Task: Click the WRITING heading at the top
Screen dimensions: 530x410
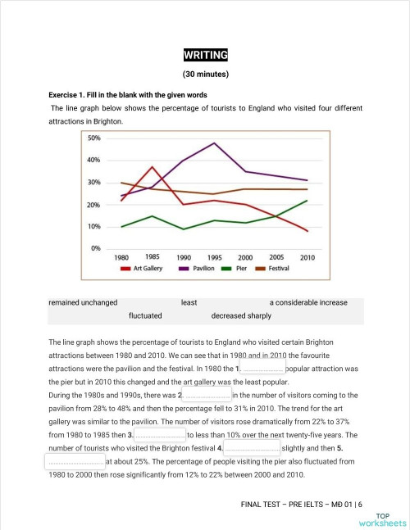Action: [x=205, y=56]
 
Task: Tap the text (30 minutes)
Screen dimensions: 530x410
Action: [x=205, y=75]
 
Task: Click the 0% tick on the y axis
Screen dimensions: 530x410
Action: [x=96, y=247]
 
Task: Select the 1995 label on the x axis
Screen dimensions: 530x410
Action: [x=215, y=257]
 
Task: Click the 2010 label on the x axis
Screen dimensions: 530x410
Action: [x=307, y=257]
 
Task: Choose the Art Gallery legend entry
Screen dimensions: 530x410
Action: [x=145, y=268]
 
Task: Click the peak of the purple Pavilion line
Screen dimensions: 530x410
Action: [x=215, y=143]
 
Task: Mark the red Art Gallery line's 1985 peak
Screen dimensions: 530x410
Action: [x=153, y=167]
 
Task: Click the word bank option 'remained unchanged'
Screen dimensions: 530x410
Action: [x=83, y=302]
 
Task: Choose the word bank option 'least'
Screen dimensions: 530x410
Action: [x=189, y=302]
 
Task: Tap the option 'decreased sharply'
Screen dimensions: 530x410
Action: [x=241, y=315]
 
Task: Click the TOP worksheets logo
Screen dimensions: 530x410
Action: [x=381, y=517]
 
